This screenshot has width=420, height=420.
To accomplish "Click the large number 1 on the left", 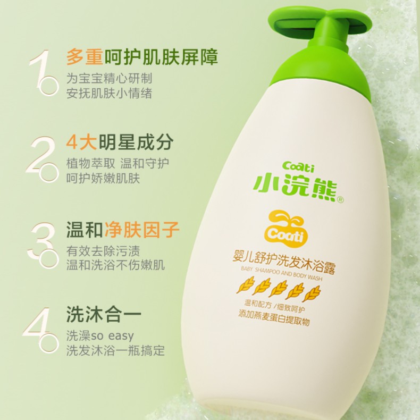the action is (40, 70).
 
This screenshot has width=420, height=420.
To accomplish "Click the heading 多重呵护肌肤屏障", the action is (142, 57).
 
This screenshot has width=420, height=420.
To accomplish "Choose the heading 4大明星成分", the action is (120, 142).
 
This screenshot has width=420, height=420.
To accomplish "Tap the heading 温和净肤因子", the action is (123, 229).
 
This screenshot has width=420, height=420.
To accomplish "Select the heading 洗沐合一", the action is (104, 314).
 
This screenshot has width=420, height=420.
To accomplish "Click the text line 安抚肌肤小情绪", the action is (110, 93).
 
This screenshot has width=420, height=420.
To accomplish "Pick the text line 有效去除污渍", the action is (103, 251).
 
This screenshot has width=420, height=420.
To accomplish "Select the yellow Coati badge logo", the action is (286, 229).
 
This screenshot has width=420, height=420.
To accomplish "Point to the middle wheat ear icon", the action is (278, 289).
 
